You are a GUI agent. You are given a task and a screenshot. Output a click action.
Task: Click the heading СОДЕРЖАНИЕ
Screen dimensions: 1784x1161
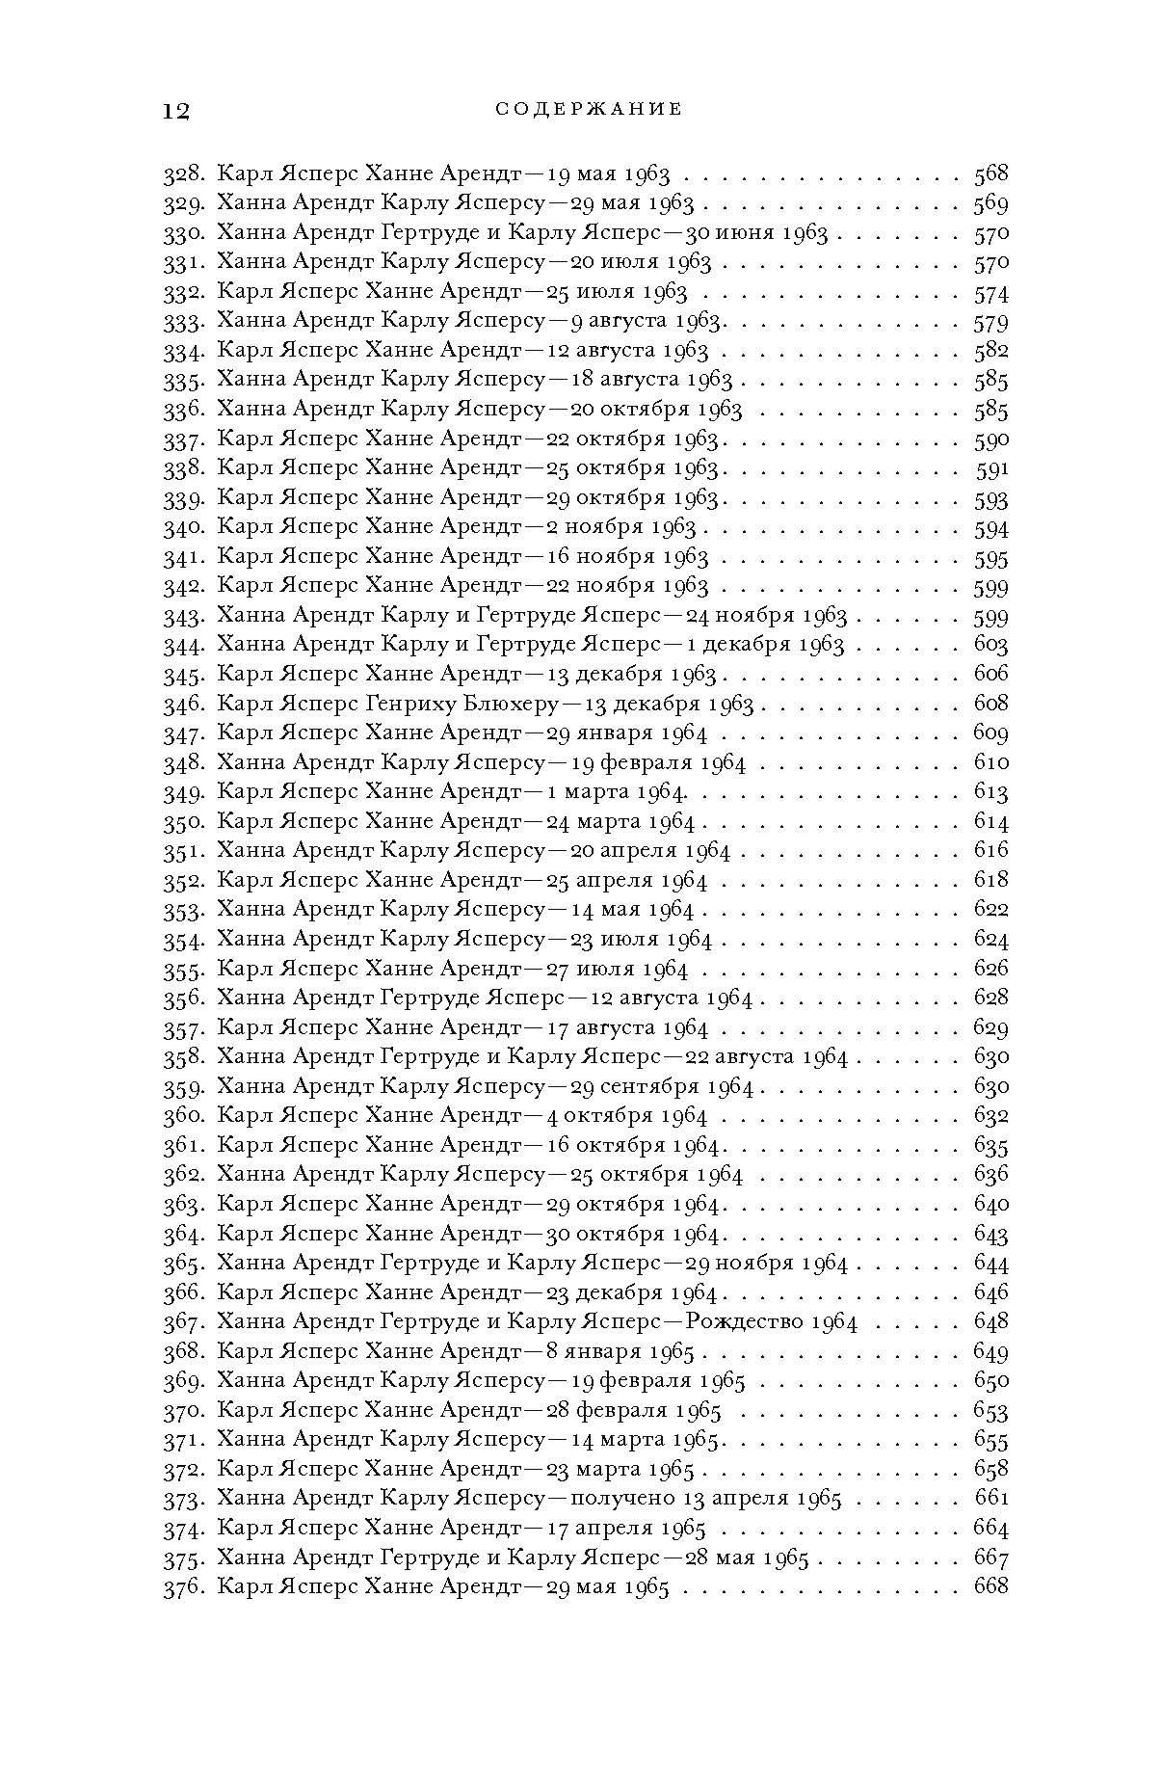589,110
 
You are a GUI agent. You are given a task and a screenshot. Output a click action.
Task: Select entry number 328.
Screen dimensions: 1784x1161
182,174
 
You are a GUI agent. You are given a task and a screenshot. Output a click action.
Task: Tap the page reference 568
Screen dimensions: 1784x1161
990,174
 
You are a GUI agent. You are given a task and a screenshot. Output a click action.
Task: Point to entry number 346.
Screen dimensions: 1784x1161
182,704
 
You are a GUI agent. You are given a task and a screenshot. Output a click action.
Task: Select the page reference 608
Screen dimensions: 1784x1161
990,704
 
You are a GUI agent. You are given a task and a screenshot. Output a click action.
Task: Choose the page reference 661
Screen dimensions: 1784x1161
991,1498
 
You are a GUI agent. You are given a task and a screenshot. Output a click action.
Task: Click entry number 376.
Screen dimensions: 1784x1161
182,1586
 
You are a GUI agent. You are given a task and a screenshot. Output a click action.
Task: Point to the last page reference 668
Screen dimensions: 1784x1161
990,1586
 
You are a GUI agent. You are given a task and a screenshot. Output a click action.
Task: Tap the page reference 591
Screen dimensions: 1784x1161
991,468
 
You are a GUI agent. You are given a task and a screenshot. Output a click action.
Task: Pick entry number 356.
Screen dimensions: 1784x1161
182,998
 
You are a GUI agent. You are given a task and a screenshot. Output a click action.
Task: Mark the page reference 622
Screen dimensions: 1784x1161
990,909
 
